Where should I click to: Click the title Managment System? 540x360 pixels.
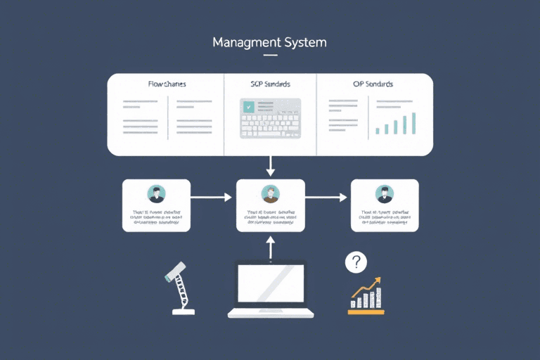(x=270, y=42)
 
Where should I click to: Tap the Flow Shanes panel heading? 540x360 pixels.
(x=167, y=84)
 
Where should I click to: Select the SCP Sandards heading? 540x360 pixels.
(x=270, y=84)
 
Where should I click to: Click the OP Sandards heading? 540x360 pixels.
(x=373, y=84)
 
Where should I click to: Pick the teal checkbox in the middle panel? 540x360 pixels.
(x=248, y=106)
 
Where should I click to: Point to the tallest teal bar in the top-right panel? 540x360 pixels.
(x=413, y=122)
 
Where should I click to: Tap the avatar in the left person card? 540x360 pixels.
(x=155, y=193)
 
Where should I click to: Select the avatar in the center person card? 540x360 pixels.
(x=270, y=193)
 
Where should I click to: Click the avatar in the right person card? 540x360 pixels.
(x=384, y=193)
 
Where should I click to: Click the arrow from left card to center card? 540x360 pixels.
(x=212, y=198)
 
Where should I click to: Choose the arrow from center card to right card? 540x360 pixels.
(x=327, y=198)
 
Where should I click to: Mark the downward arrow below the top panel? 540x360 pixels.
(x=270, y=166)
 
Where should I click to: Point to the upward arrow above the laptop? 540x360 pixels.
(x=270, y=246)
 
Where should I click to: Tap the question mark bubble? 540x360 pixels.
(x=356, y=263)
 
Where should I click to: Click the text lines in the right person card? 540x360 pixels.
(x=384, y=216)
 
